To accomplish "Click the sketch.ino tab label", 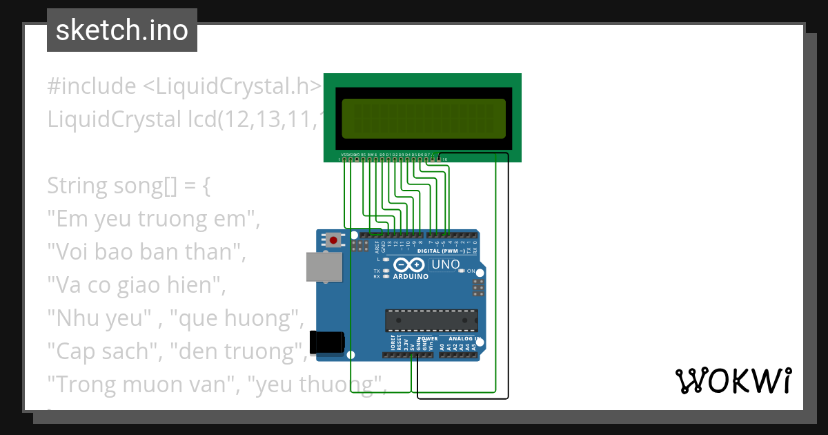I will [x=122, y=30].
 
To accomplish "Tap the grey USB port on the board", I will [x=323, y=267].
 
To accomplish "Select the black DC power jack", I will [x=327, y=341].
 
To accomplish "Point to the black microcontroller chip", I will [x=431, y=320].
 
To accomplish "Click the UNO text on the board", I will [x=446, y=264].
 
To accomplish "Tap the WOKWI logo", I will [x=732, y=380].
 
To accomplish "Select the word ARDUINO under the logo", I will [x=411, y=277].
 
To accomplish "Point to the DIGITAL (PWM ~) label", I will [x=441, y=251].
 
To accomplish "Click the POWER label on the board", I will [x=428, y=339].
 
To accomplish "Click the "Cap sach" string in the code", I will [x=101, y=351].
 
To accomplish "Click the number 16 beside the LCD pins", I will [x=444, y=159].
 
